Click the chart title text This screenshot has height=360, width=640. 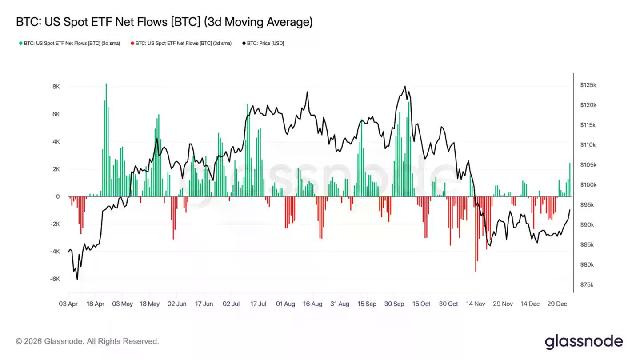164,22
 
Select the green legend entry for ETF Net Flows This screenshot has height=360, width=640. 69,44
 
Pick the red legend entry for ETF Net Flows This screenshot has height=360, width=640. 181,44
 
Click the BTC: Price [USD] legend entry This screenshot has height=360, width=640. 263,44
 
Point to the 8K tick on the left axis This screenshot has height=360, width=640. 56,87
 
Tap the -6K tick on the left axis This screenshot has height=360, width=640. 55,279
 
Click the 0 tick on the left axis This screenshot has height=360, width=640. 58,196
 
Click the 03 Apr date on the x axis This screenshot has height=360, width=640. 68,304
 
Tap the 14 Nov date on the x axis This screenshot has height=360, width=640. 476,304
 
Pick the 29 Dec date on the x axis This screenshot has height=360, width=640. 557,304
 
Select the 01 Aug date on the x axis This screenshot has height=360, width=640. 285,304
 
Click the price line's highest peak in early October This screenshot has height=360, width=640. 405,86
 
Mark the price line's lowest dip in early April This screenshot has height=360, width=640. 77,280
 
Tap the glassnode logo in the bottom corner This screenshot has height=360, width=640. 584,341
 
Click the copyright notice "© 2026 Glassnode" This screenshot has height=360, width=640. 88,341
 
